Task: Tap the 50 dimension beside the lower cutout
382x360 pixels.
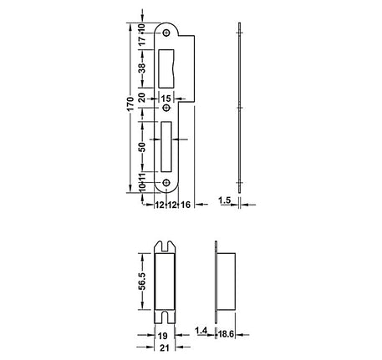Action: coord(142,146)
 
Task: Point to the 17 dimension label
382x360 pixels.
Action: coord(142,43)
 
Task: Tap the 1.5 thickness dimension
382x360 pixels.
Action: coord(224,201)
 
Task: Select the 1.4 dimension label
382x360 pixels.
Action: coord(201,332)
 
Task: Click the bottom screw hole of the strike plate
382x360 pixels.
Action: coord(166,185)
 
